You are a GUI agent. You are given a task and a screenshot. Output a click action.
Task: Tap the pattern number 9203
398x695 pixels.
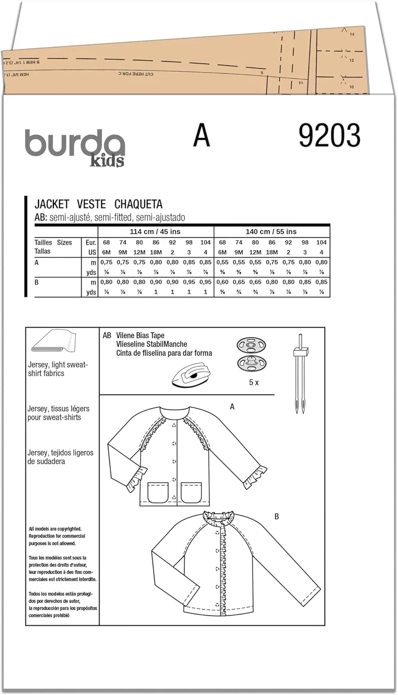click(x=329, y=136)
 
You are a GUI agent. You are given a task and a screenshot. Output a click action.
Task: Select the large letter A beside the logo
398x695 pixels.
click(x=201, y=135)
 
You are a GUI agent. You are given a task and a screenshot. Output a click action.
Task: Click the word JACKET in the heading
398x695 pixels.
click(x=52, y=204)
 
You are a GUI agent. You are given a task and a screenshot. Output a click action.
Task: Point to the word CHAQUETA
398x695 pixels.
click(x=138, y=204)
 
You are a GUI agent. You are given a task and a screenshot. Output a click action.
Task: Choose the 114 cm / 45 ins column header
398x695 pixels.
click(x=155, y=232)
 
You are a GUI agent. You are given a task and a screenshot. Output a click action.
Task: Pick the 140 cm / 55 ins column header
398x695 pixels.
click(x=271, y=232)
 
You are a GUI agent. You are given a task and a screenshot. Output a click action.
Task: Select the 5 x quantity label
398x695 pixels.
click(x=254, y=383)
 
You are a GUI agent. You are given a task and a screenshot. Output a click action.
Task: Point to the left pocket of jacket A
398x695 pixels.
click(x=158, y=492)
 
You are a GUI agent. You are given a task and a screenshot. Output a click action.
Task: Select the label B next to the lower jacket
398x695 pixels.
click(x=276, y=516)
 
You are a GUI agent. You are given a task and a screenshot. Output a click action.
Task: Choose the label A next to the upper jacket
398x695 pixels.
click(x=232, y=407)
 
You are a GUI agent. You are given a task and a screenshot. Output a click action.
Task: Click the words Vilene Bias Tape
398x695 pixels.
click(x=140, y=335)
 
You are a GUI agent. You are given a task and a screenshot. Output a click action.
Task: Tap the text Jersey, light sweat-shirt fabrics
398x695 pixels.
click(x=58, y=369)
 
